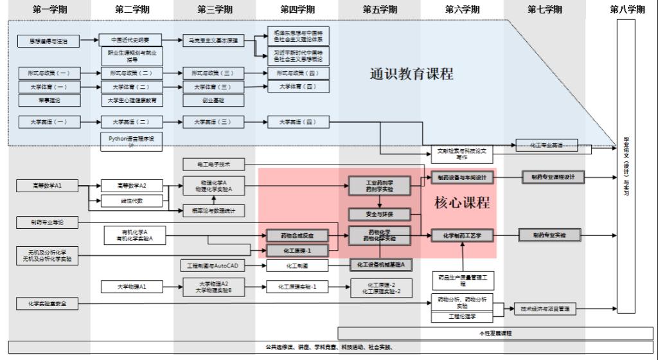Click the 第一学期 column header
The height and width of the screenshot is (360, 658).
(x=49, y=10)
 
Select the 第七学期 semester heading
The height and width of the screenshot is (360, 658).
(x=544, y=10)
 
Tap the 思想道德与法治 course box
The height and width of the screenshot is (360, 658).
(x=49, y=41)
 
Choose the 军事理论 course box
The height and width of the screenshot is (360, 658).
(x=49, y=100)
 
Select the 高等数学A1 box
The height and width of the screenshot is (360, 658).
(x=48, y=186)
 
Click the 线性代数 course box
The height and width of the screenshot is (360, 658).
(x=131, y=201)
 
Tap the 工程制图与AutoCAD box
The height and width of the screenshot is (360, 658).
(x=213, y=265)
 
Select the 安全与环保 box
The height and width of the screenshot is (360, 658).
(x=379, y=214)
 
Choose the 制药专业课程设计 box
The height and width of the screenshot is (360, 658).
(x=553, y=177)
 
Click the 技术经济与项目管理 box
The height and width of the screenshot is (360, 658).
(x=546, y=309)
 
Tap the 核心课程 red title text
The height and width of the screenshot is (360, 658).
(x=462, y=203)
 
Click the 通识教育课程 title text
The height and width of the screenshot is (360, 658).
(x=411, y=74)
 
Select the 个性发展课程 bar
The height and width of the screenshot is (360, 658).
(x=495, y=333)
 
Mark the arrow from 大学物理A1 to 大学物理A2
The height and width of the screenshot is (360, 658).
(x=172, y=287)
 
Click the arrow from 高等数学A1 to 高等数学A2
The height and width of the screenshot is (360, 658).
(x=90, y=186)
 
